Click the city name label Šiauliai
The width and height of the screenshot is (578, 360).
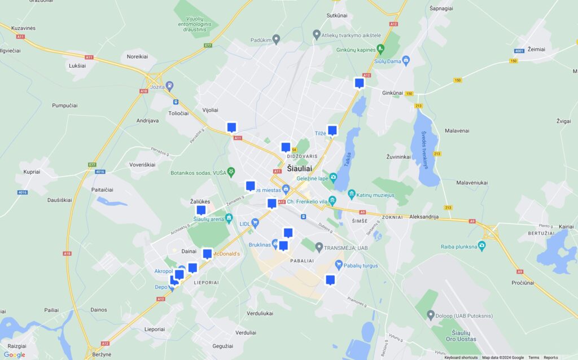pos(299,168)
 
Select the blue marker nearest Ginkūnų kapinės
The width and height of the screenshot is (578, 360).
pos(359,84)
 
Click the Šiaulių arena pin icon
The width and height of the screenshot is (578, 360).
pos(229,218)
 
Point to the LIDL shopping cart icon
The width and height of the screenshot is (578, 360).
pos(255,223)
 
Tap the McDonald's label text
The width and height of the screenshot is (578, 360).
pos(226,254)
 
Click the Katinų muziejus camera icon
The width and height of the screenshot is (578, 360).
pos(351,195)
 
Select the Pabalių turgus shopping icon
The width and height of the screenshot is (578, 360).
pos(339,264)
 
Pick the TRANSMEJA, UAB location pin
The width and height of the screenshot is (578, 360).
pos(319,247)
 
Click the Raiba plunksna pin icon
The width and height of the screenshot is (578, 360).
pos(481,245)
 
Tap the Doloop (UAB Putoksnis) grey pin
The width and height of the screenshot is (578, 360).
pos(431,315)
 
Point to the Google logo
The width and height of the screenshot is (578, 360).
pos(14,354)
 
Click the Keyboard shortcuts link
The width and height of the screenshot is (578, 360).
pos(461,357)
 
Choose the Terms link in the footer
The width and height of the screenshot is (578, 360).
pos(533,357)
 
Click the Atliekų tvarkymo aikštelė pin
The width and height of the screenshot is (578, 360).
pos(317,34)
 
